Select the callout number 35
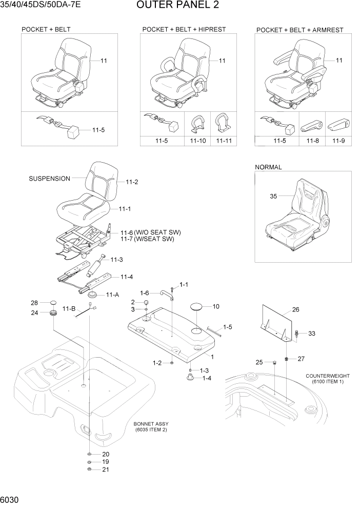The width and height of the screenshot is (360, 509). click(273, 196)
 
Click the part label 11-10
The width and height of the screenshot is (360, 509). click(198, 140)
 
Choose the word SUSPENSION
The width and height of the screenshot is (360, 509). click(50, 179)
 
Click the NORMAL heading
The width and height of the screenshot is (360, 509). click(268, 167)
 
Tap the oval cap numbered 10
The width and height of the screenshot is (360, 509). click(197, 307)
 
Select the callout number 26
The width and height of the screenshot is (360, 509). click(295, 309)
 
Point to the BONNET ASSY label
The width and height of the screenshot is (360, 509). click(151, 424)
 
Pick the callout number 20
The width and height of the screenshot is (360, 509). click(106, 454)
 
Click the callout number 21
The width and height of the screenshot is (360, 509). click(106, 469)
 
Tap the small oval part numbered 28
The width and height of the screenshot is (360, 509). click(52, 303)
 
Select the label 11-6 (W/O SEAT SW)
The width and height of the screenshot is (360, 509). click(150, 232)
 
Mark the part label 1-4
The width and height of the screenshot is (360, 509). click(207, 378)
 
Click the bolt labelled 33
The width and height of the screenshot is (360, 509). click(297, 334)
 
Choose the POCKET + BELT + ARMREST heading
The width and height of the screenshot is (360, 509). click(299, 30)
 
